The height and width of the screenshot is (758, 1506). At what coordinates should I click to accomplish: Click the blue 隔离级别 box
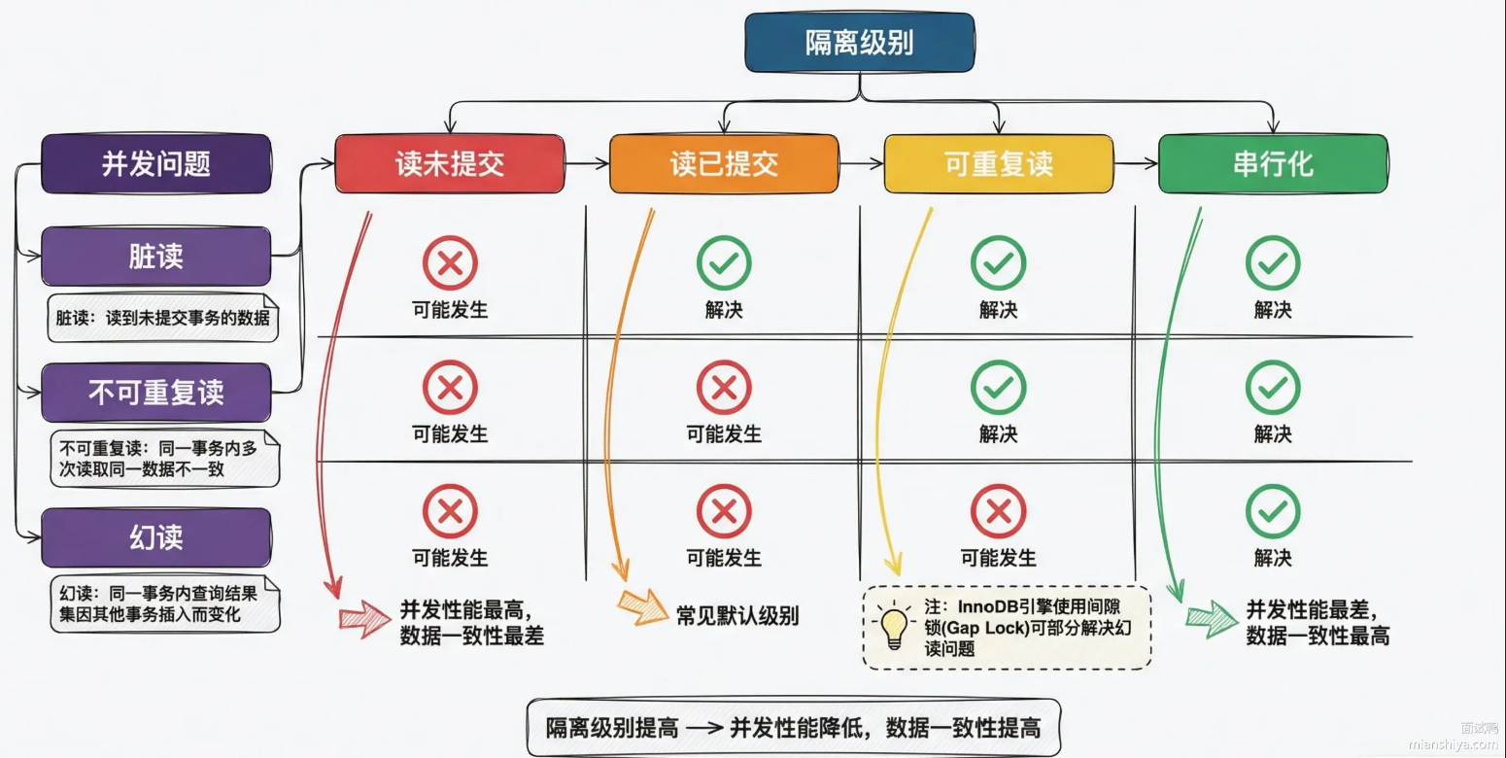(x=860, y=43)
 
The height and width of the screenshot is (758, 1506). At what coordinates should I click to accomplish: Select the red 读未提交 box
(x=449, y=163)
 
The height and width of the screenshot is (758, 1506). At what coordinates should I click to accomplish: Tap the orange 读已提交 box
(x=724, y=163)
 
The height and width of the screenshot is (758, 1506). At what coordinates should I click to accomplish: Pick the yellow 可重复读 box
(x=998, y=163)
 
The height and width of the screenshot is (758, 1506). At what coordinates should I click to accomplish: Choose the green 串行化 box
(x=1273, y=163)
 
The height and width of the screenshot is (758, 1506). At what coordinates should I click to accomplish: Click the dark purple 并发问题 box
(x=156, y=163)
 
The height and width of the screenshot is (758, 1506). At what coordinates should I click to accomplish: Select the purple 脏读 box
(x=156, y=257)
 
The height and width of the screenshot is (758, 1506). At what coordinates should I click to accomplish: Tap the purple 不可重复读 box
(x=156, y=393)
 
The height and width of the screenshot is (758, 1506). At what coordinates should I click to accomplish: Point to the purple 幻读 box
(x=156, y=537)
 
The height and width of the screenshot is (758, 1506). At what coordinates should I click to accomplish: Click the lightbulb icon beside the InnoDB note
(x=893, y=624)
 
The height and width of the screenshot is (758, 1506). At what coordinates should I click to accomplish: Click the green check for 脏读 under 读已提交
(x=724, y=262)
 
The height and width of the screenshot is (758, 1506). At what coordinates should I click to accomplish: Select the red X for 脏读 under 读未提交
(x=449, y=262)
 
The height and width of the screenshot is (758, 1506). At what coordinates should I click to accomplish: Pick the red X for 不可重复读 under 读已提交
(x=724, y=387)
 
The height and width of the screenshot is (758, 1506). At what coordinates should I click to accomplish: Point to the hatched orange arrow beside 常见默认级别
(x=642, y=607)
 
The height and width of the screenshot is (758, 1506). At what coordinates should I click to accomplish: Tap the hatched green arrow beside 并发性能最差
(x=1211, y=619)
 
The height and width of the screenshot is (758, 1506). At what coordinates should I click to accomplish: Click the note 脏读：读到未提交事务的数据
(x=163, y=318)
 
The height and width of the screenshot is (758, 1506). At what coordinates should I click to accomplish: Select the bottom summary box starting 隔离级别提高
(x=793, y=727)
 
